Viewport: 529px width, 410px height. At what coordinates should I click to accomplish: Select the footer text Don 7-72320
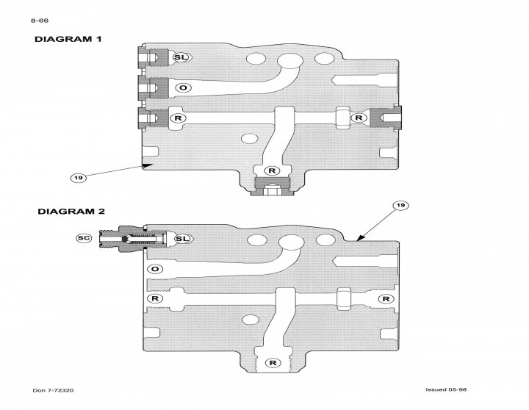pos(53,389)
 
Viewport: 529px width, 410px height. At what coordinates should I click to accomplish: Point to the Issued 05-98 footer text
pos(447,389)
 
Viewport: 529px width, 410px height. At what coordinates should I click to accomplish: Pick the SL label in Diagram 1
pos(181,57)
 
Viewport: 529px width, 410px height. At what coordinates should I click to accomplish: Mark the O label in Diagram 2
pos(154,270)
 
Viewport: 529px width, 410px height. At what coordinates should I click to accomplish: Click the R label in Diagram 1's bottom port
pos(273,170)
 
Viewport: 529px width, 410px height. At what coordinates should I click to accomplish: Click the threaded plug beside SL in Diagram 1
pos(151,57)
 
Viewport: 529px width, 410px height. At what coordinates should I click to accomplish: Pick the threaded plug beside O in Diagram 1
pos(151,88)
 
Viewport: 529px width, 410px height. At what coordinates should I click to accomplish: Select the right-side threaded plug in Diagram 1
pos(385,116)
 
